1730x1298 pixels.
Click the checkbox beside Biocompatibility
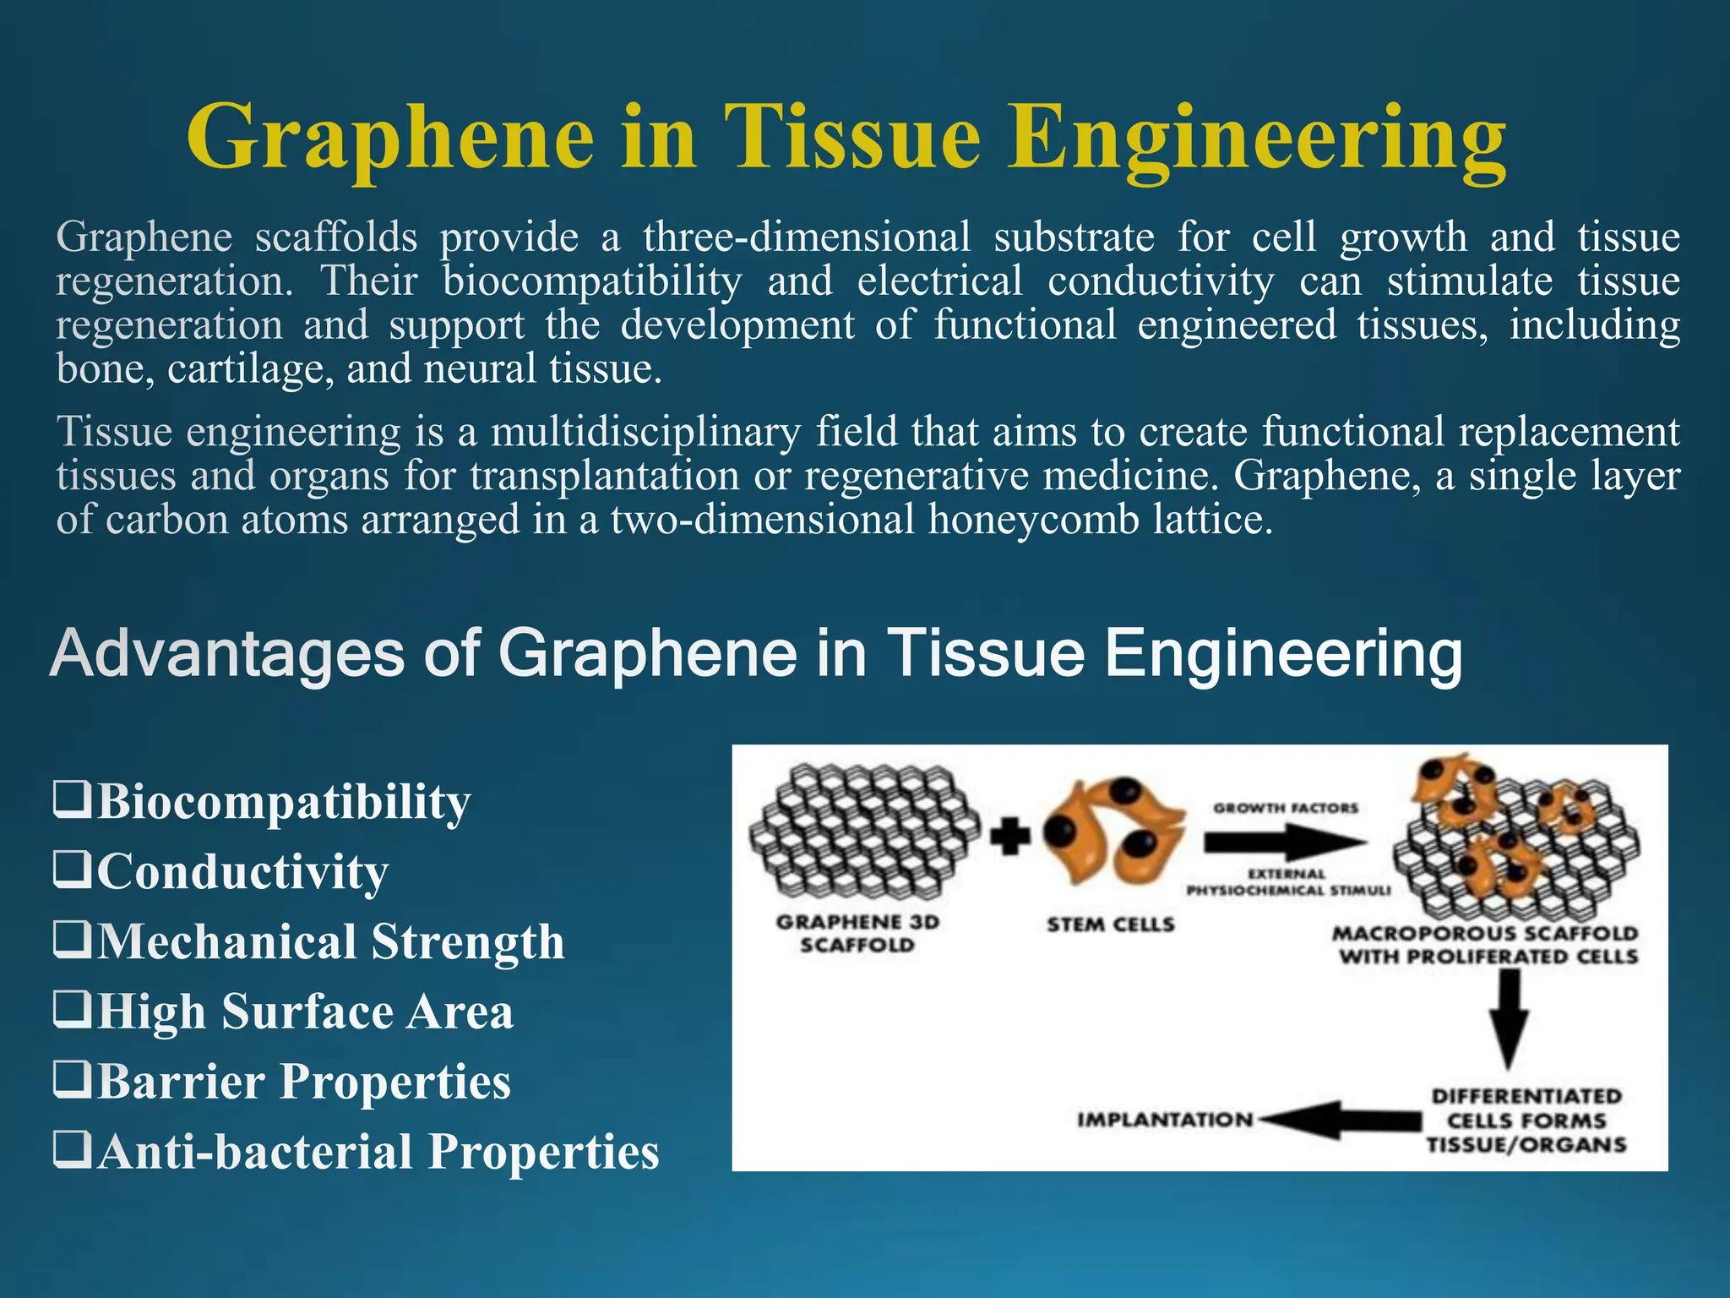click(x=73, y=799)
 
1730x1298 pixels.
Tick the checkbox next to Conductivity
click(x=73, y=870)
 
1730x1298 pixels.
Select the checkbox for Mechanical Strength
click(x=73, y=940)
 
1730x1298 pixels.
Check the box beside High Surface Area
click(x=73, y=1010)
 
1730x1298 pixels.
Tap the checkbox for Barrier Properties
click(x=73, y=1080)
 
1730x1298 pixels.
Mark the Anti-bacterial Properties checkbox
click(x=73, y=1150)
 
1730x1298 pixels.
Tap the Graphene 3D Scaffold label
click(x=857, y=933)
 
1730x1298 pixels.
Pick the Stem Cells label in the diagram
click(x=1111, y=924)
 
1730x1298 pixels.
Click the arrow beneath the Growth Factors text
click(x=1284, y=842)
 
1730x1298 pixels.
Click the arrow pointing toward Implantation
click(x=1343, y=1120)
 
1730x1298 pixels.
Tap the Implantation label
click(x=1165, y=1120)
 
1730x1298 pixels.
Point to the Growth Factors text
click(x=1286, y=808)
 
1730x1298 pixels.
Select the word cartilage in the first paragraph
click(x=250, y=369)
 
